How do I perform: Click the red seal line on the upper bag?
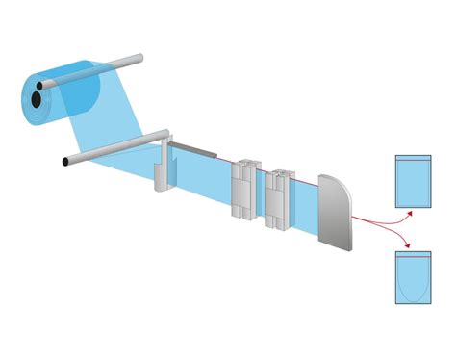click(414, 159)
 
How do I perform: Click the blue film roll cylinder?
click(72, 92)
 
